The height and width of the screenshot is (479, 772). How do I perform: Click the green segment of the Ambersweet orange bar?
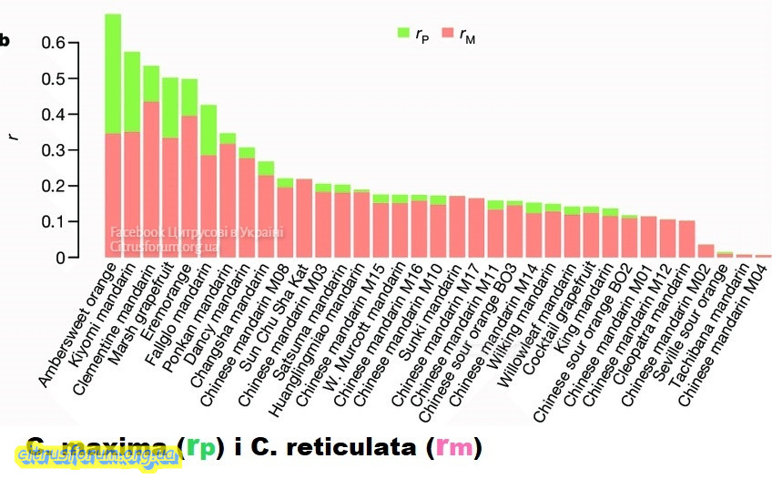[113, 74]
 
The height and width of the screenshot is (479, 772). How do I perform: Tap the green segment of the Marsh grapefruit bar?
[170, 107]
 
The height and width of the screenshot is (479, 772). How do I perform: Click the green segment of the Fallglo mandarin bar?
[208, 130]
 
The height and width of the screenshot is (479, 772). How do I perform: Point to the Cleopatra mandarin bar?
[686, 239]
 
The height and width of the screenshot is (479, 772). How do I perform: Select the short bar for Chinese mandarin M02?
[706, 251]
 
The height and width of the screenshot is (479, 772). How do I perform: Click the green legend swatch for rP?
[404, 34]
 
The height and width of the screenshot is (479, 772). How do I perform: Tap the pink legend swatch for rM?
[447, 34]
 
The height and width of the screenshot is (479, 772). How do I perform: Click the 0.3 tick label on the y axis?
[53, 150]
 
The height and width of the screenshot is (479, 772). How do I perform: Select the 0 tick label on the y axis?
[61, 258]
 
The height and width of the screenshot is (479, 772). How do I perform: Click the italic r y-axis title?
[12, 138]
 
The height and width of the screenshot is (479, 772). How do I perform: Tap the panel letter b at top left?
[5, 40]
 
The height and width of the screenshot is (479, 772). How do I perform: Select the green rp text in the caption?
[204, 448]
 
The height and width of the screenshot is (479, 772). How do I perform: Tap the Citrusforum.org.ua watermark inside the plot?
[164, 246]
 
